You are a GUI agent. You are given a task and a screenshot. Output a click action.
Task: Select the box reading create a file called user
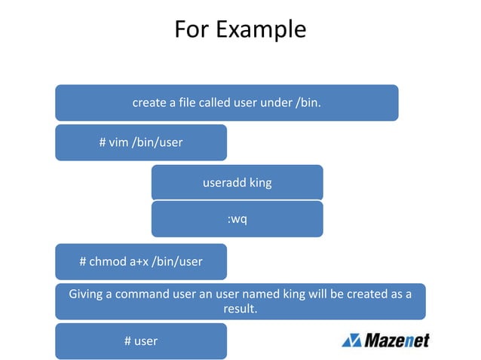[x=226, y=102]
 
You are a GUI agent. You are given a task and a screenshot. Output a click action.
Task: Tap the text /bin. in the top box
[x=307, y=102]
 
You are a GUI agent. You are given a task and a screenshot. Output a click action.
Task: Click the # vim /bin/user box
[x=141, y=142]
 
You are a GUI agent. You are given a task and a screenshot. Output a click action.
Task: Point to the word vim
[x=118, y=142]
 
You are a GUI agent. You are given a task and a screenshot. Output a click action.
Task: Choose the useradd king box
[x=237, y=182]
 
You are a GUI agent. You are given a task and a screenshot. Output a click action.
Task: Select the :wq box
[x=237, y=219]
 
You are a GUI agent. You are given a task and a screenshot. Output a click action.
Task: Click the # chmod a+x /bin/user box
[x=141, y=262]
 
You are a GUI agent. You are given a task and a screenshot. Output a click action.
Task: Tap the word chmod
[x=108, y=262]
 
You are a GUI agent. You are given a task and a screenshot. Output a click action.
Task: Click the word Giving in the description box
[x=85, y=294]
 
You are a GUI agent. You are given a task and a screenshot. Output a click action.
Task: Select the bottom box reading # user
[x=141, y=341]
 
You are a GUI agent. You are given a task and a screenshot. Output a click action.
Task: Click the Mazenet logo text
[x=397, y=340]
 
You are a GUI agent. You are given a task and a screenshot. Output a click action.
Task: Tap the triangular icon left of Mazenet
[x=351, y=340]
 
